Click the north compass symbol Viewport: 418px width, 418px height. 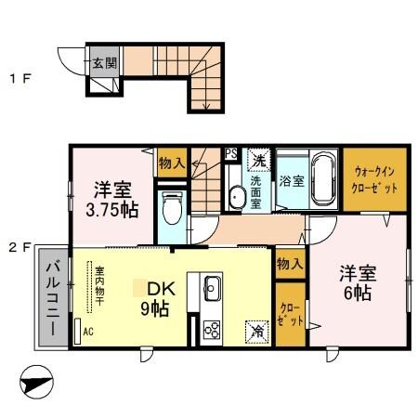click(x=36, y=381)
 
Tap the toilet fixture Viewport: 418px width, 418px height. click(x=171, y=209)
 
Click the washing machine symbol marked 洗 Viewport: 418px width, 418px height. click(x=260, y=158)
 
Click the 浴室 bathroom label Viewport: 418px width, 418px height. click(x=292, y=181)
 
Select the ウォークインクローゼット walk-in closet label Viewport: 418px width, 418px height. click(x=377, y=180)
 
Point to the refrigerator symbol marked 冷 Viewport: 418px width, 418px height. click(x=254, y=330)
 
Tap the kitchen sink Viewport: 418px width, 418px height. click(x=208, y=284)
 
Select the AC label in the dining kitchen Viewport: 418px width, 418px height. click(x=88, y=331)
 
